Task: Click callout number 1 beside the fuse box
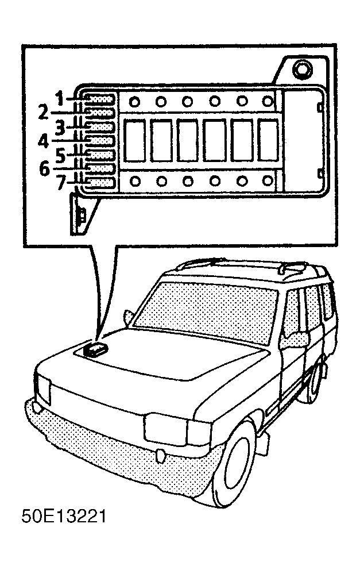click(60, 98)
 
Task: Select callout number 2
click(43, 112)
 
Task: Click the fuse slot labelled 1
click(100, 98)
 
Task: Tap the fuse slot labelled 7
click(100, 183)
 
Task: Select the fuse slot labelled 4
click(100, 140)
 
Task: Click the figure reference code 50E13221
click(64, 517)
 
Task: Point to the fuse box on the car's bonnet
click(95, 349)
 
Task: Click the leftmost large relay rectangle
click(134, 140)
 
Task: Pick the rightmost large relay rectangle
click(268, 140)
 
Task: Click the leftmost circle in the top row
click(134, 102)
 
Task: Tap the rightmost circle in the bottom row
click(268, 180)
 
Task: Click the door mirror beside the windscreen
click(129, 317)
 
